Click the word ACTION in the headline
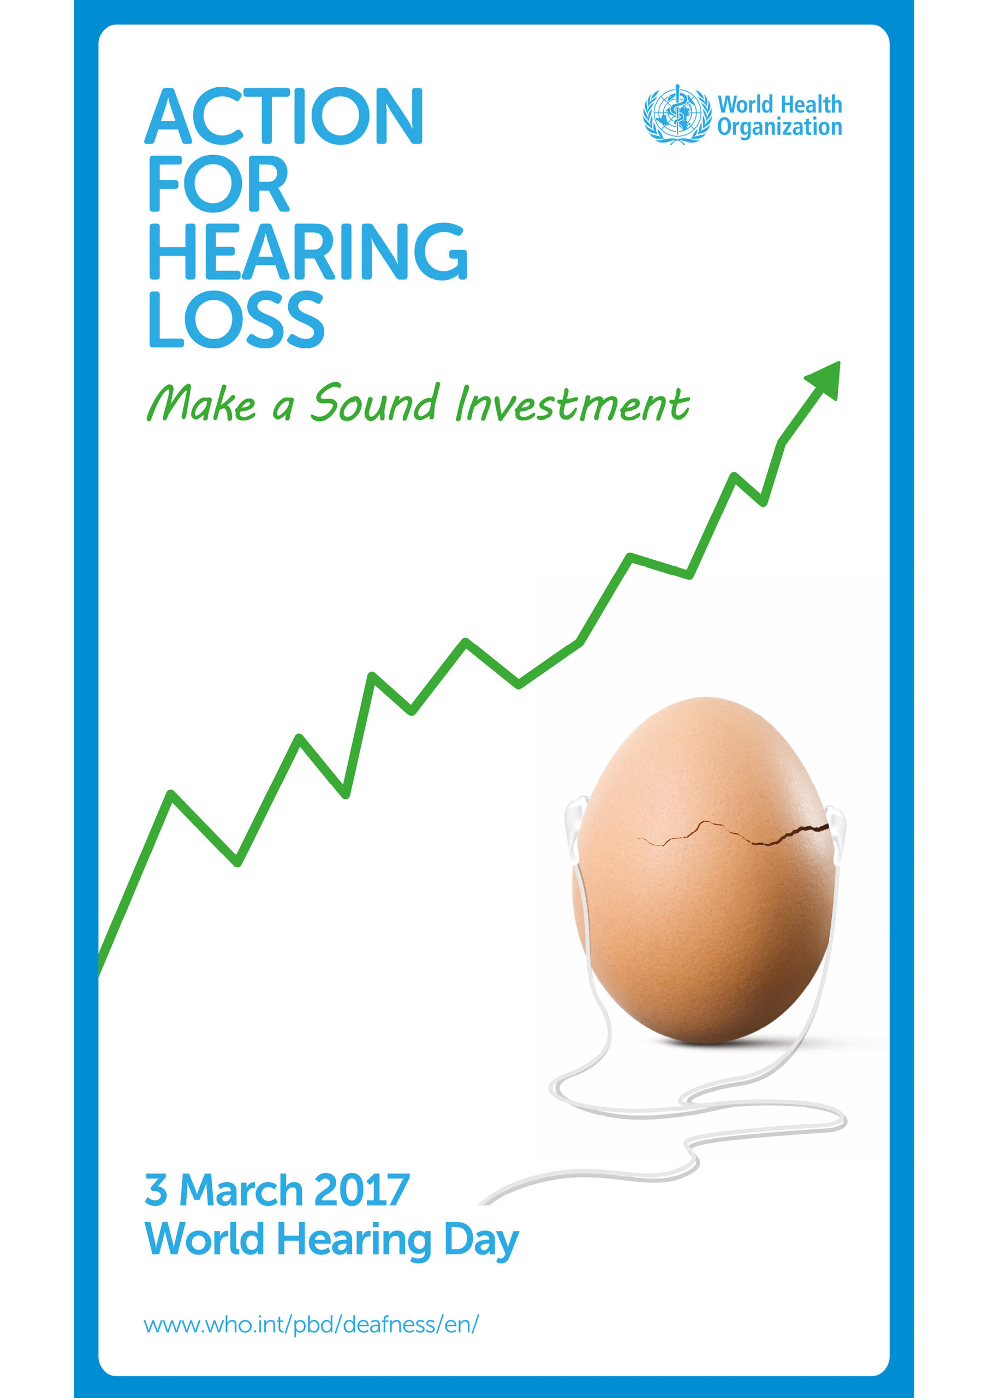(284, 116)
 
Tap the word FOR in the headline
(218, 183)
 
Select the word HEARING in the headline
(308, 251)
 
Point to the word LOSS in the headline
(236, 318)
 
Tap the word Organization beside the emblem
(780, 128)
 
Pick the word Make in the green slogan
(201, 404)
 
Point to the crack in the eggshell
(734, 833)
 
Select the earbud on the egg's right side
(835, 828)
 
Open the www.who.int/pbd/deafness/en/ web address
(311, 1325)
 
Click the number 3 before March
(156, 1190)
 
